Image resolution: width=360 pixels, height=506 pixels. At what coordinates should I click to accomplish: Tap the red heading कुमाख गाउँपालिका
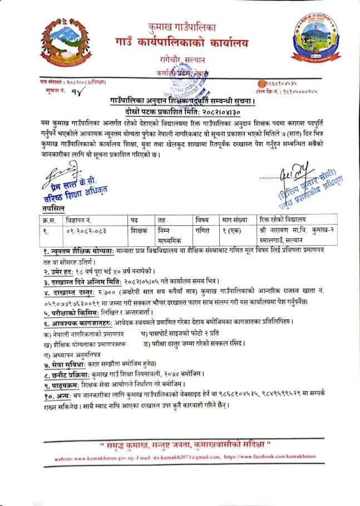click(x=182, y=27)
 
